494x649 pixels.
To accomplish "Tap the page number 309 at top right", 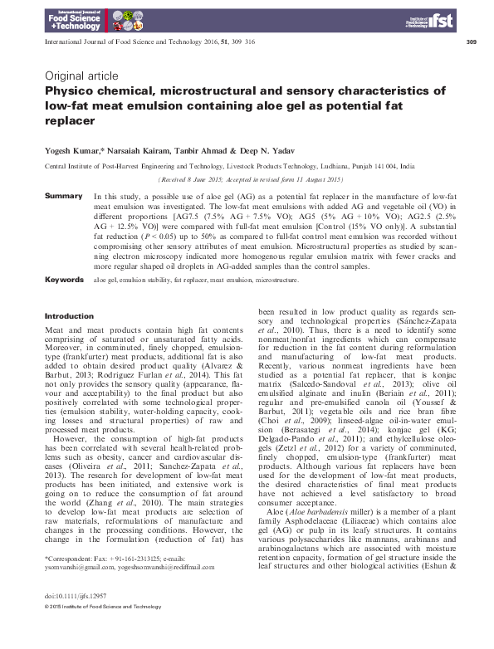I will [x=471, y=41].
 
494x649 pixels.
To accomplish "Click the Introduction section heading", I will [x=68, y=316].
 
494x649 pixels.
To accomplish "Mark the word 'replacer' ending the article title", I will [x=71, y=120].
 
